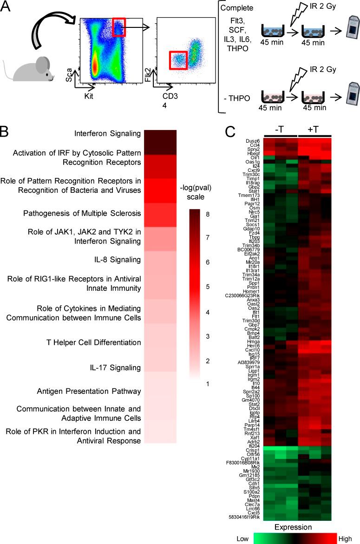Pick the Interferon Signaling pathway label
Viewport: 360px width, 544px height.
pyautogui.click(x=107, y=134)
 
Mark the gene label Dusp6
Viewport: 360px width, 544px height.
pyautogui.click(x=252, y=140)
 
